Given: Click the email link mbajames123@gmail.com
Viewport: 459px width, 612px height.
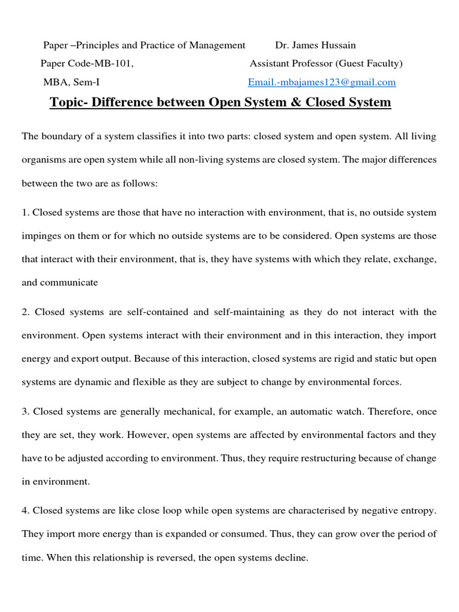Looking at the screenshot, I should (322, 82).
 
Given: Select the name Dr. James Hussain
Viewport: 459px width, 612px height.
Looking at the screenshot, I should (315, 45).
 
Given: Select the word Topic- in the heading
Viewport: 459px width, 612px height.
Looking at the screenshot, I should (70, 102).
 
